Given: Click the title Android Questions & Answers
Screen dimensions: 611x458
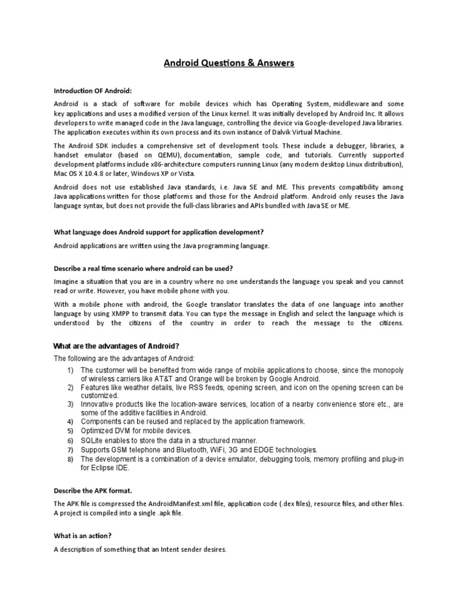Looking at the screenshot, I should pos(229,63).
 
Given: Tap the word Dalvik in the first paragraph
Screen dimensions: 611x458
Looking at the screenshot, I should pos(291,132).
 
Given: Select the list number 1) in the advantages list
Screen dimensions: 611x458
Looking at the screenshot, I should pos(70,371).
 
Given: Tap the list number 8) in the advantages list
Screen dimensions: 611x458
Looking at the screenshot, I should pos(70,459).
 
